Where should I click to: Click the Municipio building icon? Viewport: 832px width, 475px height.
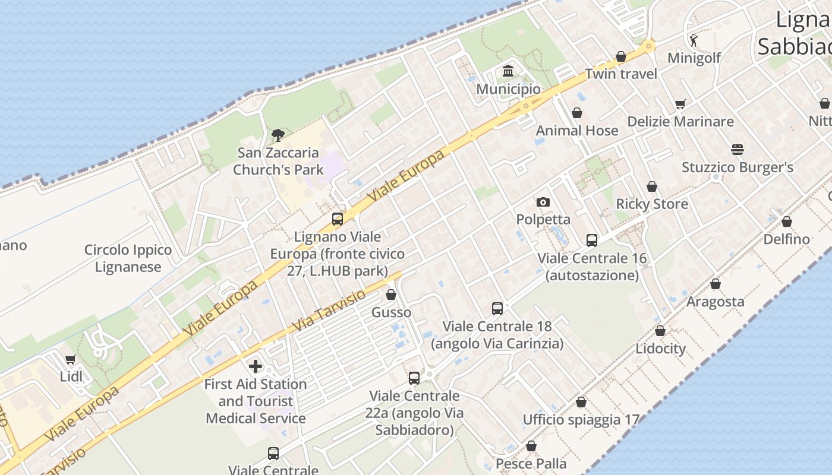click(x=508, y=72)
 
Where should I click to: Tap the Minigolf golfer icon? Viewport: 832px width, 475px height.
click(x=694, y=40)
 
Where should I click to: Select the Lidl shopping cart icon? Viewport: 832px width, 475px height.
click(x=71, y=359)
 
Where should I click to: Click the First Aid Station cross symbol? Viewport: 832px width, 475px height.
click(x=256, y=366)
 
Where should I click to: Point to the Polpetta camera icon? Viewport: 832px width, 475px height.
click(x=543, y=202)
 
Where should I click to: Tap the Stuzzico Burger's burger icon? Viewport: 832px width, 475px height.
click(x=738, y=150)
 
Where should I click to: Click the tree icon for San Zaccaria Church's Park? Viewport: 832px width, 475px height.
click(x=278, y=135)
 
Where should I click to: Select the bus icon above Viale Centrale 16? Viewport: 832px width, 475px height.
click(x=592, y=240)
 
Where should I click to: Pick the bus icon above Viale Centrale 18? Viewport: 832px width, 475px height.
click(x=497, y=309)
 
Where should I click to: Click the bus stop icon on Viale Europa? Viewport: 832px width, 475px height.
click(x=338, y=219)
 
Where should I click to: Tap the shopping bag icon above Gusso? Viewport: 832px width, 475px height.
click(x=391, y=294)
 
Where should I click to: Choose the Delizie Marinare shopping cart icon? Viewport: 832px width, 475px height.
click(x=680, y=104)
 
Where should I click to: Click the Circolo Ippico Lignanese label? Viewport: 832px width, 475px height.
click(x=128, y=258)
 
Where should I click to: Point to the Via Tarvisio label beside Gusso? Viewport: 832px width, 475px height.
click(x=330, y=311)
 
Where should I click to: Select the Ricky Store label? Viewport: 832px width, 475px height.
click(x=652, y=204)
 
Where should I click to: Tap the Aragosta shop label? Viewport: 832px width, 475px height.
click(x=715, y=302)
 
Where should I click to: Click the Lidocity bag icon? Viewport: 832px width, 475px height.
click(x=660, y=331)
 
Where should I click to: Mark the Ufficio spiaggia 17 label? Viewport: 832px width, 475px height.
click(x=581, y=420)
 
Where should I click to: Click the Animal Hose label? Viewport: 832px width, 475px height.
click(x=577, y=131)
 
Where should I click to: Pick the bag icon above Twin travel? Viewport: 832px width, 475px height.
click(x=621, y=57)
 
